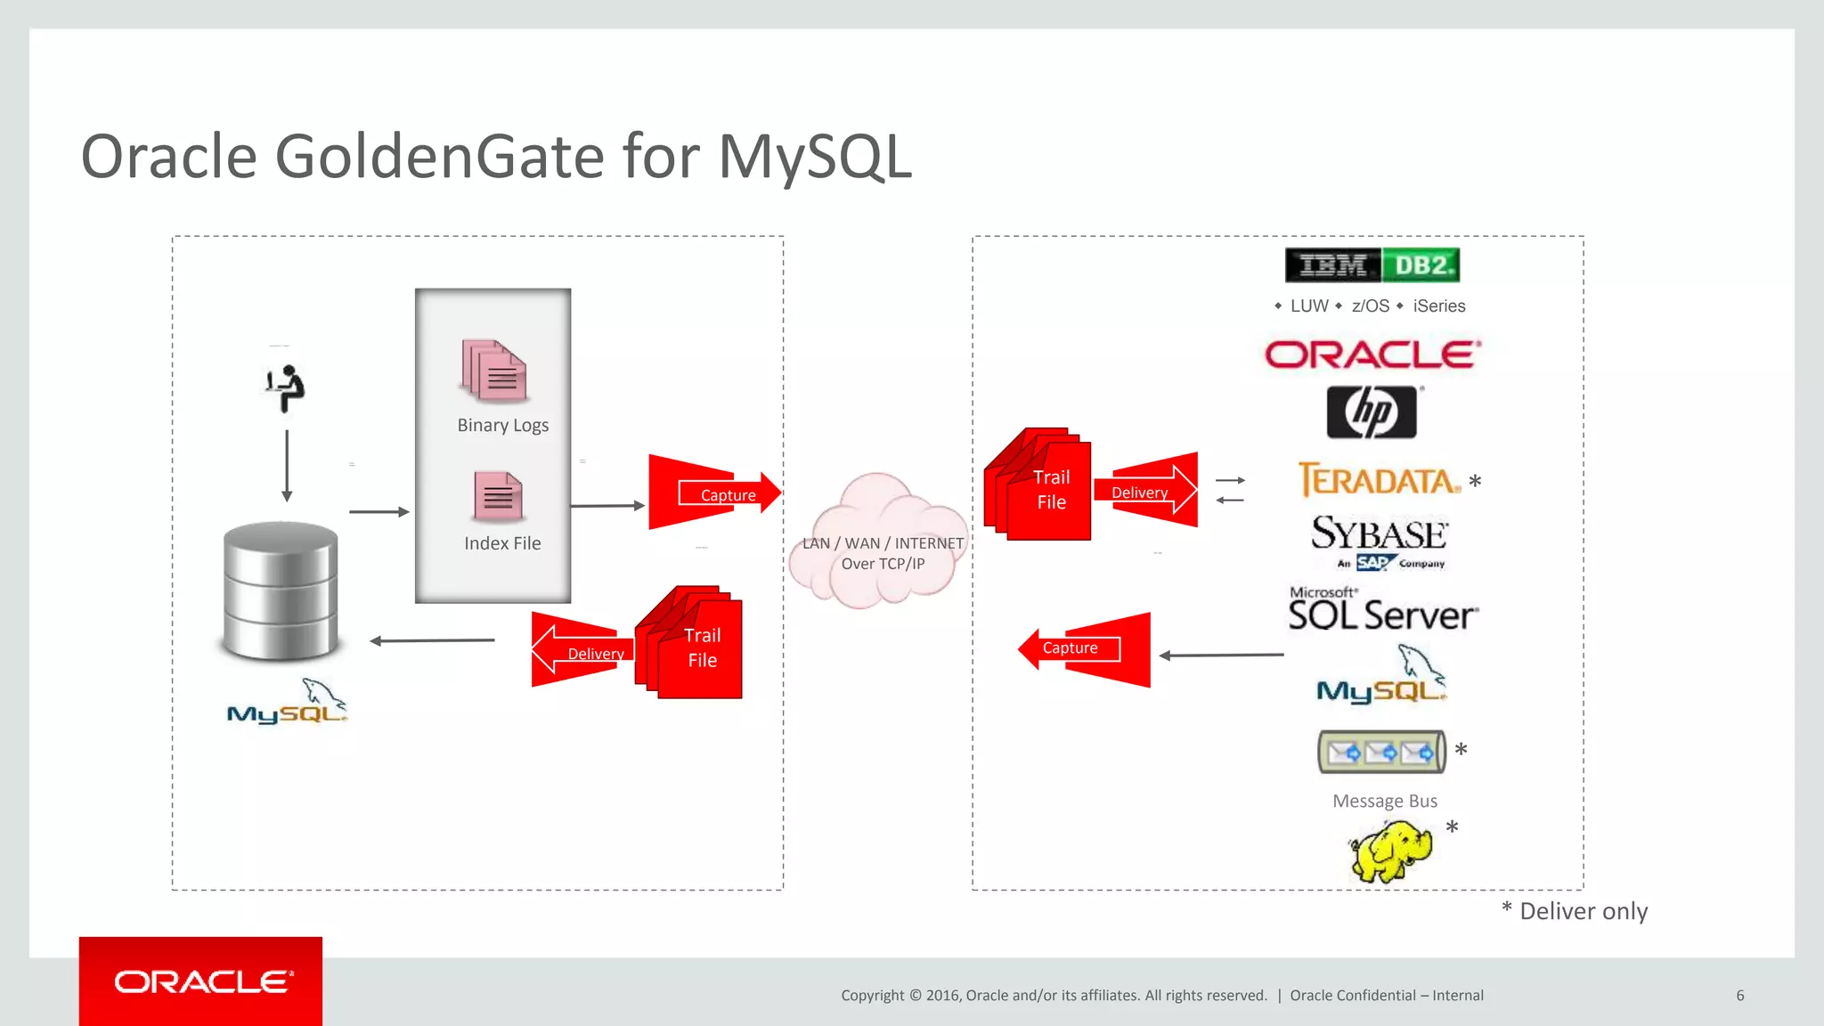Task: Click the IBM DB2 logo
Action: tap(1372, 265)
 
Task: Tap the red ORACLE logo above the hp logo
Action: tap(1372, 354)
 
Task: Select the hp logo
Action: tap(1372, 412)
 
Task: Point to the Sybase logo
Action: tap(1379, 540)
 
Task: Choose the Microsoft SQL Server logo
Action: tap(1382, 610)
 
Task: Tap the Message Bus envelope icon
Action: tap(1380, 753)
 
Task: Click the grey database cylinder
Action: tap(281, 590)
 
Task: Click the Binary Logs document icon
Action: tap(494, 370)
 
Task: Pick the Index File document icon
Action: tap(498, 496)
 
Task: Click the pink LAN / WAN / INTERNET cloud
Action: tap(880, 543)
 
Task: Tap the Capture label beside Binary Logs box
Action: tap(727, 495)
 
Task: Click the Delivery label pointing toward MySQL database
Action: tap(595, 654)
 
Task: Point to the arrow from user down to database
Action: tap(287, 466)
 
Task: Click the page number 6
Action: tap(1739, 996)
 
